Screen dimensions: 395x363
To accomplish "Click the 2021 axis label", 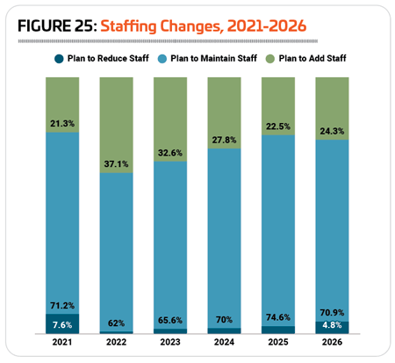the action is click(x=62, y=342).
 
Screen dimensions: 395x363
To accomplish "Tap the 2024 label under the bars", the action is click(x=224, y=342).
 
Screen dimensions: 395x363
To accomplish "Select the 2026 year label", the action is click(x=332, y=342).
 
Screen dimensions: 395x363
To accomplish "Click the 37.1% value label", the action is click(x=116, y=163).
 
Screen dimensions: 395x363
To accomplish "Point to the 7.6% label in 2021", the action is click(x=62, y=325).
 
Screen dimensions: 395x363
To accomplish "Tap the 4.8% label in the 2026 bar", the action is click(x=332, y=325).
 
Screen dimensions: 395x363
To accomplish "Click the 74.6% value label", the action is click(x=278, y=317).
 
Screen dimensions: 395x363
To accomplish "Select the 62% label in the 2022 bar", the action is click(x=116, y=323).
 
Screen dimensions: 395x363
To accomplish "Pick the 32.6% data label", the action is click(x=170, y=153).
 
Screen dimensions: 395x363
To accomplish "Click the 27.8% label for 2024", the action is click(x=224, y=140).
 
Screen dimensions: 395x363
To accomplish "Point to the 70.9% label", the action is click(x=332, y=313).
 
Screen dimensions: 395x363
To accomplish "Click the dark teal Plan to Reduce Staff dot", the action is click(x=59, y=59).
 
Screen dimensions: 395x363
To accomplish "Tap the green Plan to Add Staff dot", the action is click(x=270, y=59).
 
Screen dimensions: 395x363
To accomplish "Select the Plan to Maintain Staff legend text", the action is click(x=214, y=58).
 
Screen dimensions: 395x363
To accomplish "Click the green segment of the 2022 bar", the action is click(x=116, y=125).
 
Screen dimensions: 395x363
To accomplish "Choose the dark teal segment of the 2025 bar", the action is click(x=278, y=330).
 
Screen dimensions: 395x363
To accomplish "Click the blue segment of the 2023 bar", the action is click(x=170, y=245).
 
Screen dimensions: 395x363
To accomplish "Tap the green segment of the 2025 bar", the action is click(x=278, y=106).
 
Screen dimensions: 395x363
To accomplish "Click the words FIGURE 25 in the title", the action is click(x=57, y=25).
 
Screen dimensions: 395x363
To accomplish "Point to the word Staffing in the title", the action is click(x=129, y=26).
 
